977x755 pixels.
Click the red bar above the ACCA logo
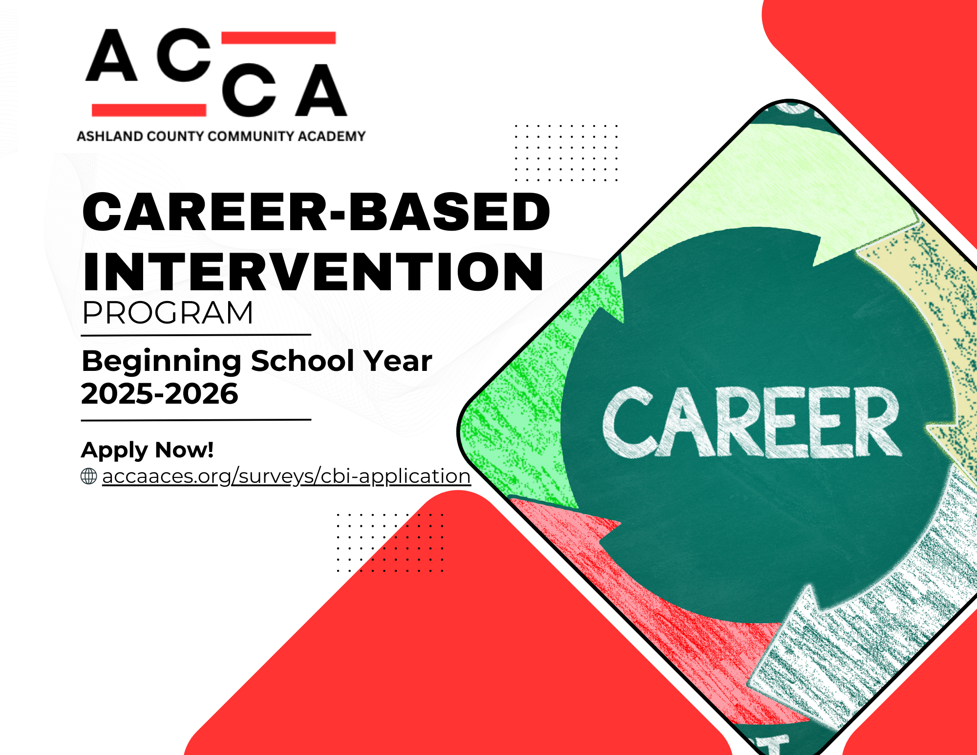278,38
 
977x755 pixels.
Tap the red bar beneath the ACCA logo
149,110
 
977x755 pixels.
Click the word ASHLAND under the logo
110,136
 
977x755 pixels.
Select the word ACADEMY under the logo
332,136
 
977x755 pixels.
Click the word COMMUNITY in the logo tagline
251,136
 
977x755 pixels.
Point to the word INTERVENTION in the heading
313,272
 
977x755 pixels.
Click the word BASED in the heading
449,212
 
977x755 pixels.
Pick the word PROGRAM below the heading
168,313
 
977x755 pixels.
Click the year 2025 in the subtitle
117,394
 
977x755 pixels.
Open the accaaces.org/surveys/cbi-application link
286,476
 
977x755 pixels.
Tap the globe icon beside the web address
89,476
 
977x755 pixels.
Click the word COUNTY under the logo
175,136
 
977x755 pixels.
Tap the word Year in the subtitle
398,362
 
